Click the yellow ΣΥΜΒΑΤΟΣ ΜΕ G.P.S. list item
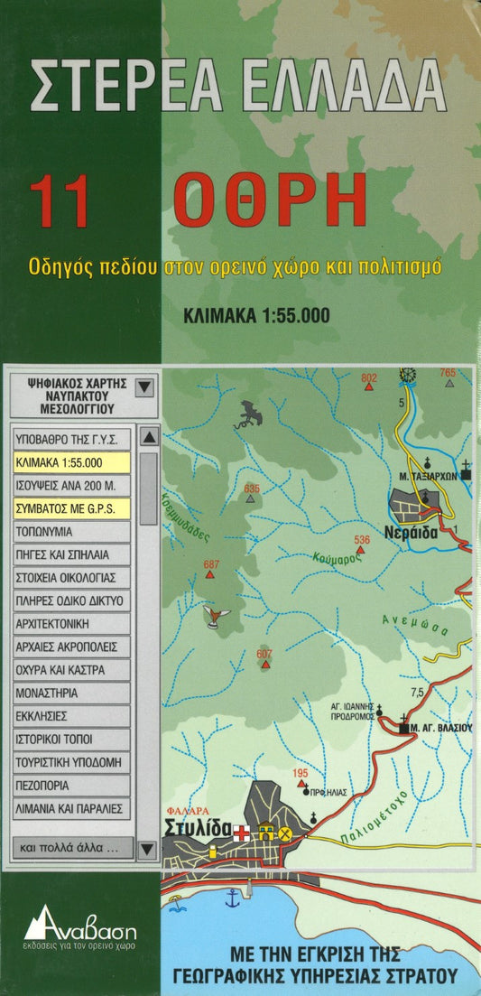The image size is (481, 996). point(72,508)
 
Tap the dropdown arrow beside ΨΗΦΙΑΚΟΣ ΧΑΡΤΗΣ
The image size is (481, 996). point(144,388)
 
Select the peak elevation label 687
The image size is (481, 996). point(211,565)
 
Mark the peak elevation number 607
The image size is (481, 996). point(264,654)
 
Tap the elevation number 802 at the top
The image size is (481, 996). point(368,377)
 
